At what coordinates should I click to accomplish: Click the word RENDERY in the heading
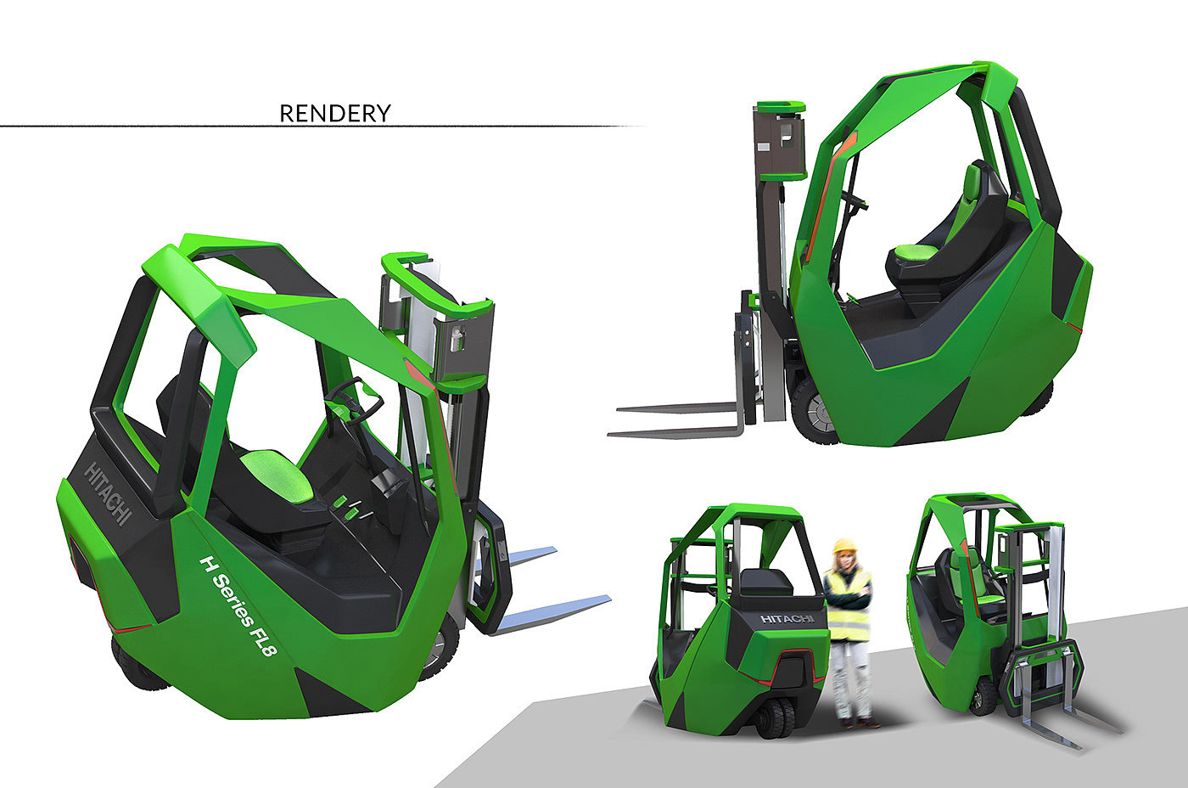click(334, 114)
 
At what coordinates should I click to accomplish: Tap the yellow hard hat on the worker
click(845, 546)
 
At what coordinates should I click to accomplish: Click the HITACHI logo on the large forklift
click(108, 493)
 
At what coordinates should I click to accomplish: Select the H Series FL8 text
click(238, 605)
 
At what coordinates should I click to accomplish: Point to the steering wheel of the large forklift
click(355, 401)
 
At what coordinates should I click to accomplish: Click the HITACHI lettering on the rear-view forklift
click(787, 619)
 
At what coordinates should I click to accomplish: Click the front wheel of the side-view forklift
click(813, 412)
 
